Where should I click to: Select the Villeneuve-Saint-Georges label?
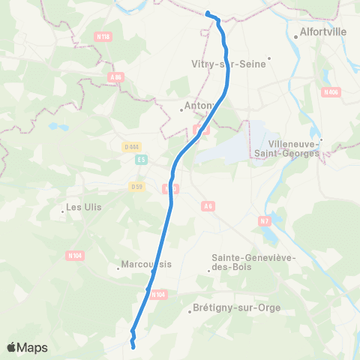pos(294,148)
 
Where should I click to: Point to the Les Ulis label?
pos(84,207)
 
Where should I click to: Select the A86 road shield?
pos(115,76)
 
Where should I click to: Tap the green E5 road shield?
pos(140,160)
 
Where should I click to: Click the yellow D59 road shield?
pos(136,186)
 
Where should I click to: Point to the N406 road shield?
pos(331,92)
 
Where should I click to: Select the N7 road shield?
pos(264,221)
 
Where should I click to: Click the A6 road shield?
pos(208,204)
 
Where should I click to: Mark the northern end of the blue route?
pos(207,13)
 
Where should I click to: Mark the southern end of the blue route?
pos(133,346)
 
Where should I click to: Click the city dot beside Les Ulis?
pos(62,211)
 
